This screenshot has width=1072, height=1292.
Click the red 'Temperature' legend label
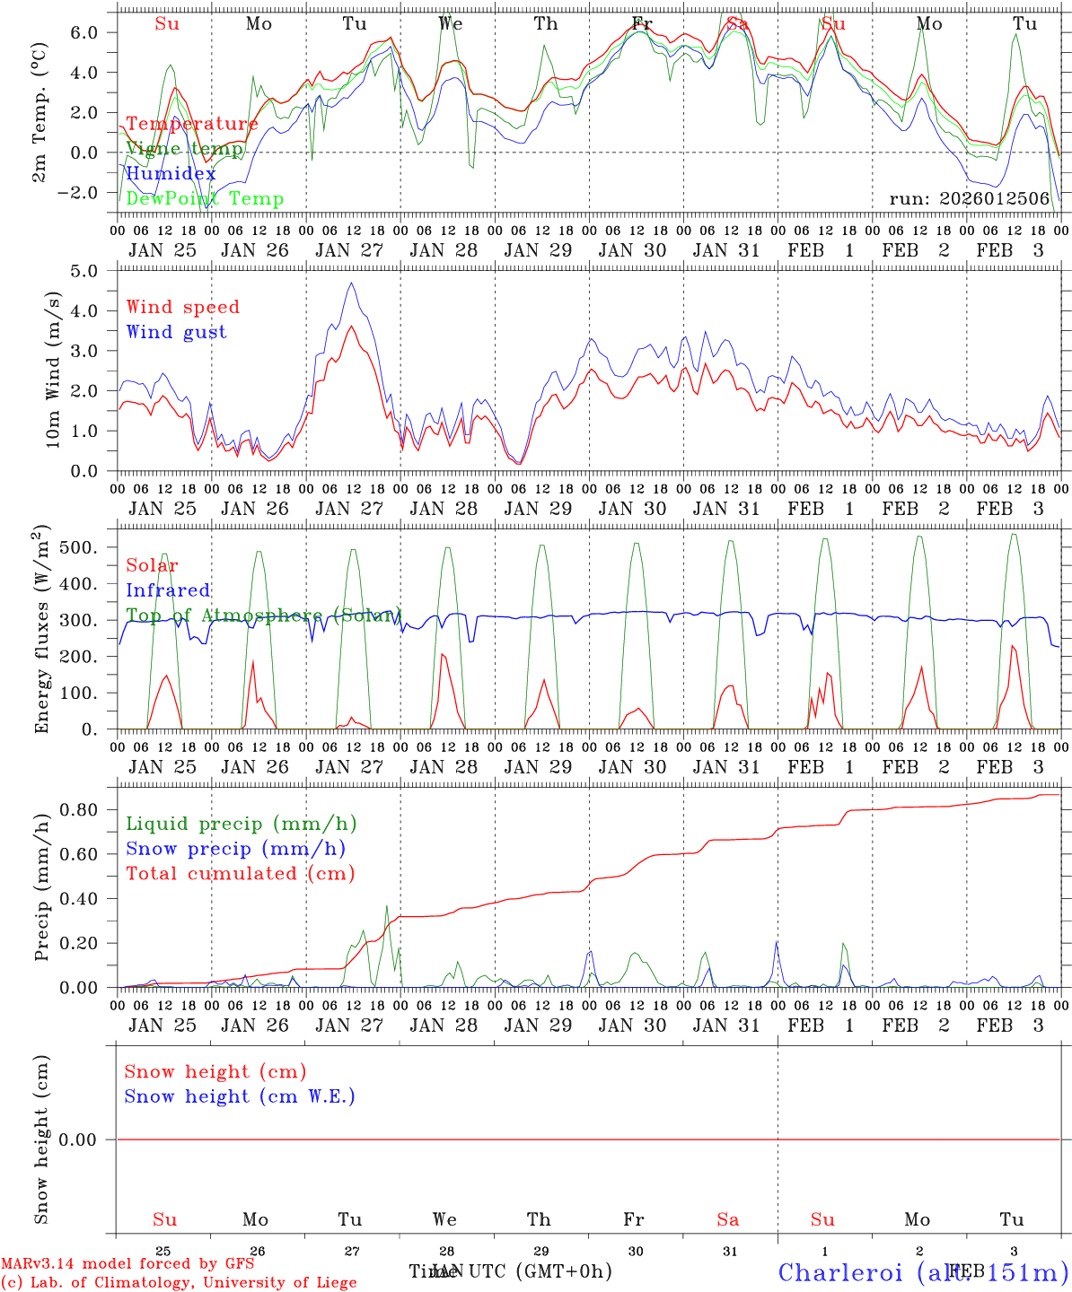pos(192,124)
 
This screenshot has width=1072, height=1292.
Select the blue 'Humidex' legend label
pos(171,174)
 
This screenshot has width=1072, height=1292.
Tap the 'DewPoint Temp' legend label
pos(205,198)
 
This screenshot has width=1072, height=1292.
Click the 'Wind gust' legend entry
pos(177,332)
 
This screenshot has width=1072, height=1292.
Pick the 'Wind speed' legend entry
pos(183,307)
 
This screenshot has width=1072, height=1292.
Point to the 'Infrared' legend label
pos(168,590)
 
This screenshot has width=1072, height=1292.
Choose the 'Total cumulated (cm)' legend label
pos(240,873)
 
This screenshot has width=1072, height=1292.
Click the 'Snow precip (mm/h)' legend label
pos(235,849)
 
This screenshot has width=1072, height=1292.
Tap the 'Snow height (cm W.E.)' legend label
pos(240,1096)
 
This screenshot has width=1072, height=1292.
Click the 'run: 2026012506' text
pos(969,198)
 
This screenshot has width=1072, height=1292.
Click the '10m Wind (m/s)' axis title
pos(53,370)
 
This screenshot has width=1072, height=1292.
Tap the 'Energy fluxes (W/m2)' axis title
pos(42,632)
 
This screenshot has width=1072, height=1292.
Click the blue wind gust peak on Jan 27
pos(352,284)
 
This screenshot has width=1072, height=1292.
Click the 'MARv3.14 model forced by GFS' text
pos(127,1264)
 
